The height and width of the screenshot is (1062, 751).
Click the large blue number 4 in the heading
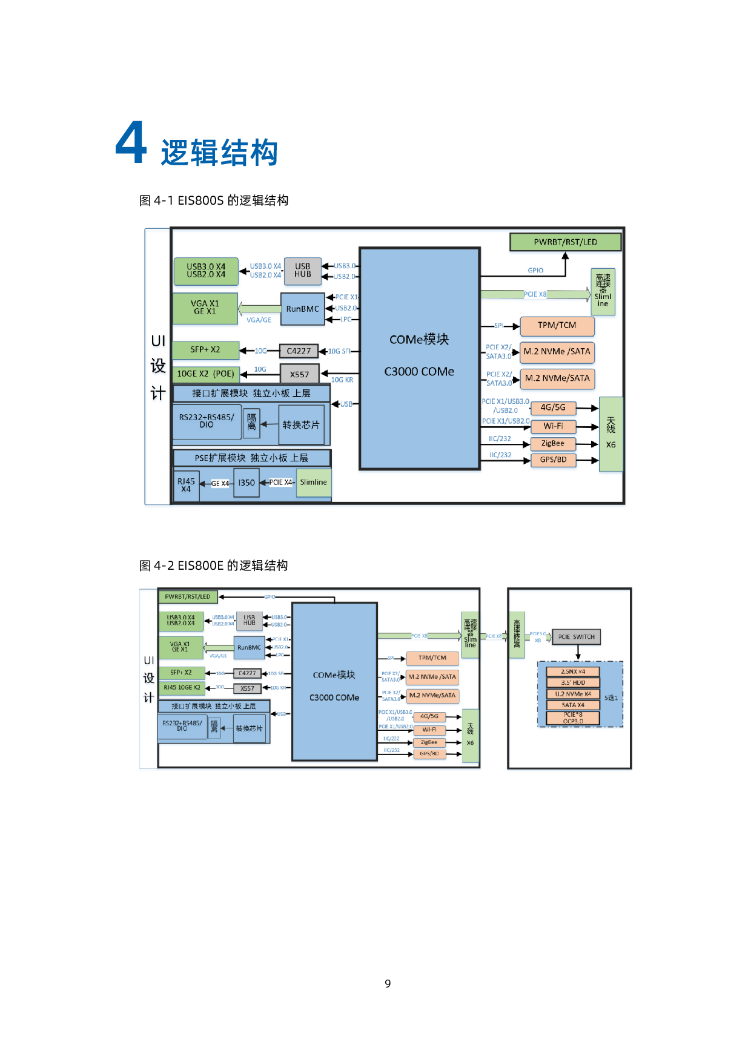tap(131, 143)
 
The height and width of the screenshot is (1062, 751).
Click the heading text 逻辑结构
tap(219, 152)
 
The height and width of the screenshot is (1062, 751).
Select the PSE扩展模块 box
tap(251, 458)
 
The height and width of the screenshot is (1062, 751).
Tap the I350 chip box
tap(246, 483)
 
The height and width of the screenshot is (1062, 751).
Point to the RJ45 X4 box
tap(186, 486)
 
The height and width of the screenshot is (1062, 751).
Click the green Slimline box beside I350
tap(313, 483)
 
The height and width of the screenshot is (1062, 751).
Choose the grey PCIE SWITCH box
tap(576, 637)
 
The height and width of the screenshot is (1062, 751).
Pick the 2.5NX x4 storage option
tap(573, 671)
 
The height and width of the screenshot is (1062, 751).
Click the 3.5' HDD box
tap(573, 682)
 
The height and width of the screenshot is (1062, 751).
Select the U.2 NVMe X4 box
tap(573, 694)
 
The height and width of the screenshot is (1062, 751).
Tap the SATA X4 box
tap(573, 705)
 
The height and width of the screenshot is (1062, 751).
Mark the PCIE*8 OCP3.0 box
tap(573, 718)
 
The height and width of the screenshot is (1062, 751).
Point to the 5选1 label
tap(610, 698)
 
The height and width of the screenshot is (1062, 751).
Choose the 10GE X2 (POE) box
tap(205, 374)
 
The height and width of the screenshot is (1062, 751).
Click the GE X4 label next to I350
tap(220, 484)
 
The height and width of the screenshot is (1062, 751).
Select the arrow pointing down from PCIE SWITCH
tap(578, 653)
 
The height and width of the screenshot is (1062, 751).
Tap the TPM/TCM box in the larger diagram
tap(557, 326)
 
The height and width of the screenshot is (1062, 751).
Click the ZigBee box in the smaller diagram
tap(429, 742)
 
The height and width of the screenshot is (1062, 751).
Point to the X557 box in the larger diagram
tap(299, 374)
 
